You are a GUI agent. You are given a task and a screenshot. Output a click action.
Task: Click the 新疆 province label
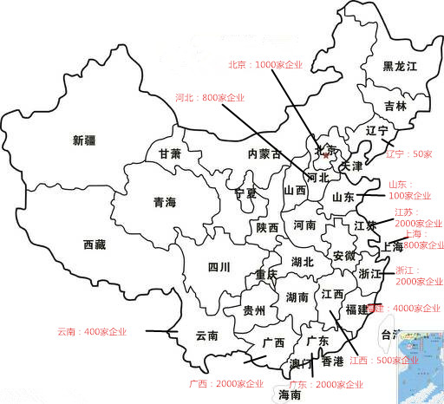[x=85, y=140]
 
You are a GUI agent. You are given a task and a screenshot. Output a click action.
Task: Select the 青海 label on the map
[x=165, y=203]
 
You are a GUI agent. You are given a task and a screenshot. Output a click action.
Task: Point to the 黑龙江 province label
[x=400, y=67]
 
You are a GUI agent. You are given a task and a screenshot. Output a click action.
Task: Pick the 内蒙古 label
[x=264, y=154]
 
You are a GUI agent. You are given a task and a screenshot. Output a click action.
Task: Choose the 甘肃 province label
[x=170, y=153]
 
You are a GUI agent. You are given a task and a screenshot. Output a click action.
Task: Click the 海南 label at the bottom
[x=290, y=394]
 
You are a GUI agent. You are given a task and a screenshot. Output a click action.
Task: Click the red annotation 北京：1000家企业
[x=266, y=65]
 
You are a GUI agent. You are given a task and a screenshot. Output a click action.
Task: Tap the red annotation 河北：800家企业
[x=210, y=98]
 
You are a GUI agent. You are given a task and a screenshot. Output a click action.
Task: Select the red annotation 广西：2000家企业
[x=226, y=383]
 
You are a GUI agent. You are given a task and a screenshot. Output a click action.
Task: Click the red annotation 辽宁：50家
[x=408, y=153]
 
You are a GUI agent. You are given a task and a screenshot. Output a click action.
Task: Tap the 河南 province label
[x=304, y=225]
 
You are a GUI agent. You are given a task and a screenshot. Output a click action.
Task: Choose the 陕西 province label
[x=267, y=228]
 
